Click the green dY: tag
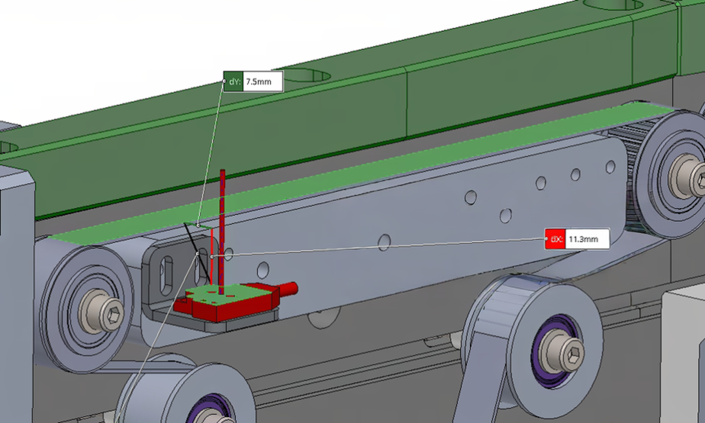[x=233, y=82]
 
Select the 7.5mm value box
[x=263, y=82]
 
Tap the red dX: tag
[x=556, y=239]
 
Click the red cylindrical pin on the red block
[x=287, y=288]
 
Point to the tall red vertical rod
[x=222, y=232]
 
